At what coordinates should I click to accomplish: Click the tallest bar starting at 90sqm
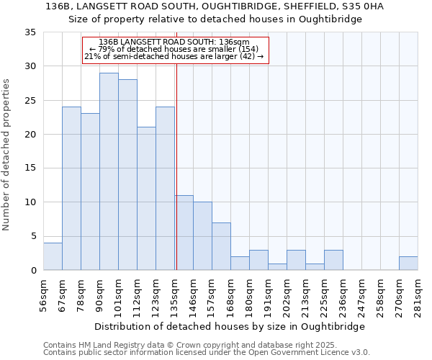(109, 171)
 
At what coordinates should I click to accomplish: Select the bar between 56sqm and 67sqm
(53, 256)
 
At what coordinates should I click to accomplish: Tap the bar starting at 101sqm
(127, 175)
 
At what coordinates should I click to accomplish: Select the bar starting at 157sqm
(221, 246)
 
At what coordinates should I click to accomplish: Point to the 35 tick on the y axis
(30, 32)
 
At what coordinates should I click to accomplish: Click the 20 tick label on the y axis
(30, 135)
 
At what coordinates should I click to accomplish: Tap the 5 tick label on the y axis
(33, 237)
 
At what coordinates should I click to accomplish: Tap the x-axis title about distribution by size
(230, 326)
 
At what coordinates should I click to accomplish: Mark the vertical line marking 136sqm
(176, 166)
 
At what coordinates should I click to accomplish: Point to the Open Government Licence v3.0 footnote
(207, 353)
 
